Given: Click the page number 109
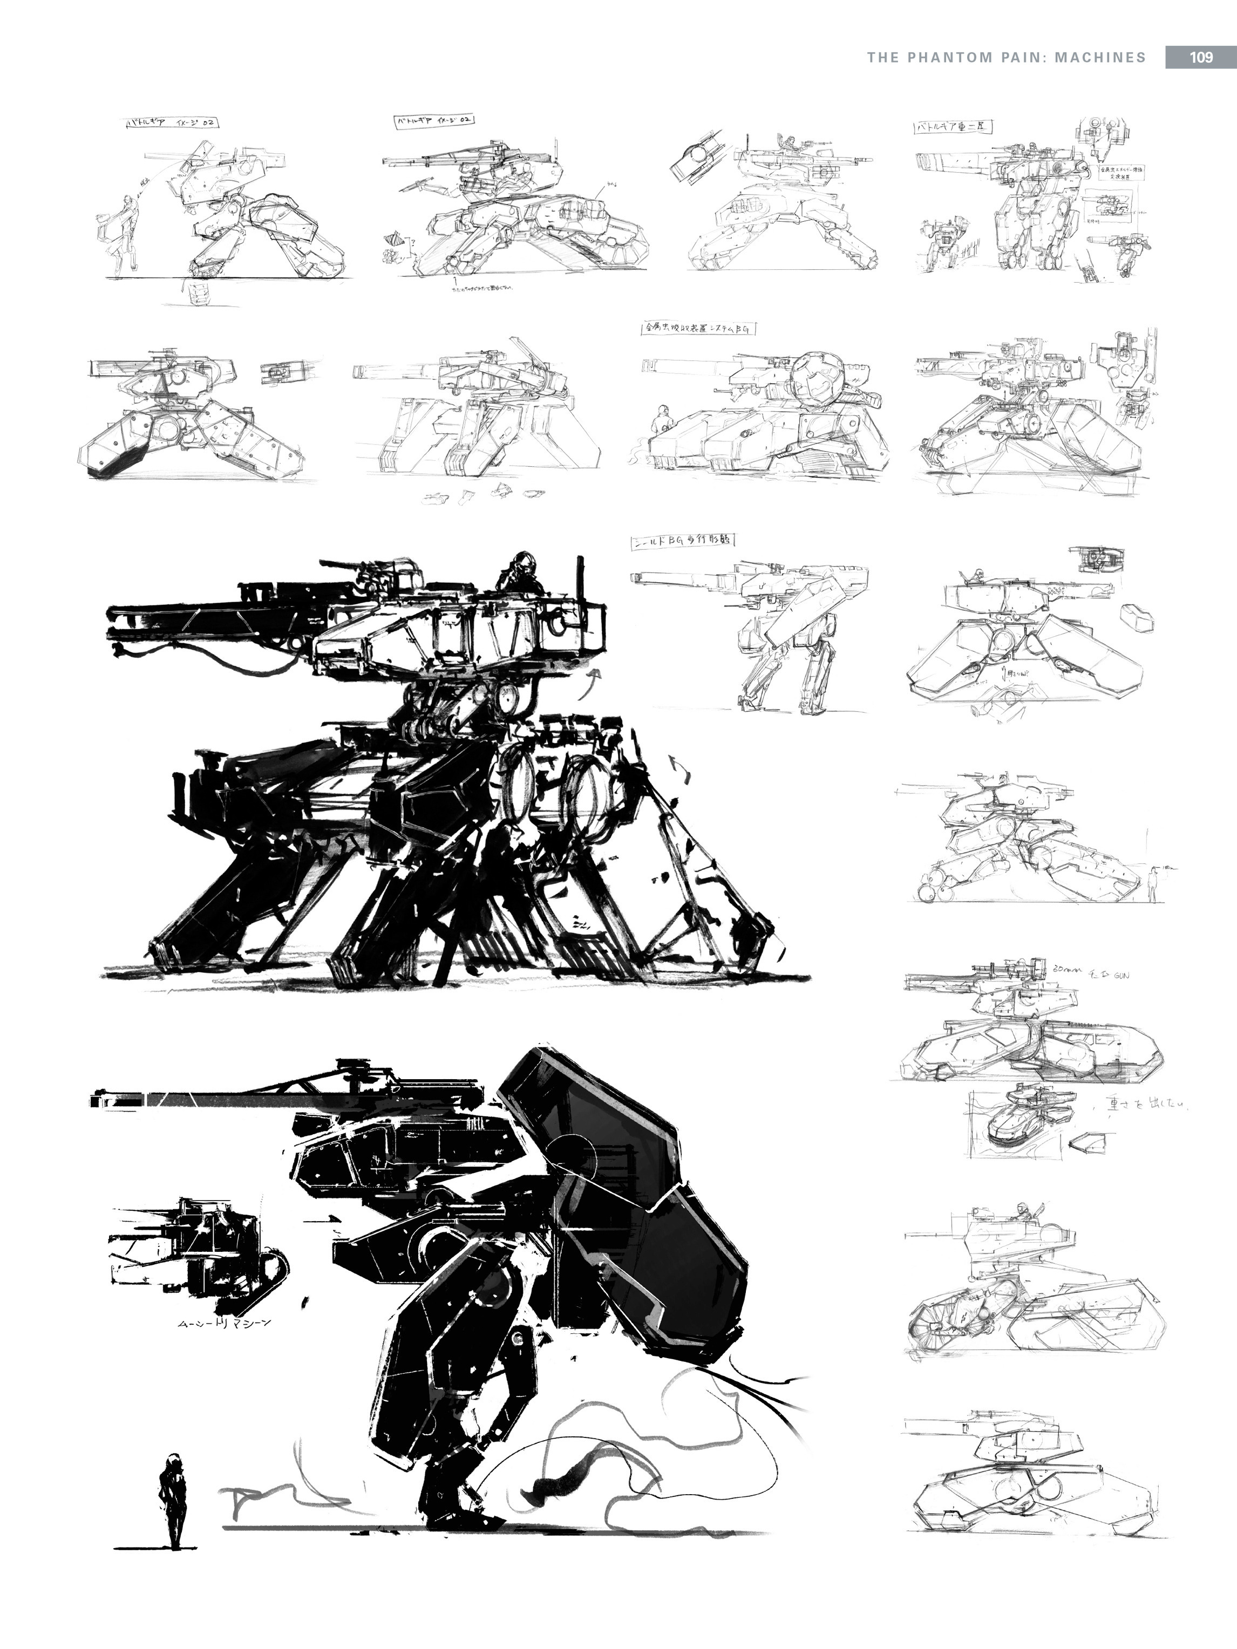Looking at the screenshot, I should click(1200, 57).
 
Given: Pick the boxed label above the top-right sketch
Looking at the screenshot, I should click(951, 127).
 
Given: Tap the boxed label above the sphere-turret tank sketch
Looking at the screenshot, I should click(694, 328).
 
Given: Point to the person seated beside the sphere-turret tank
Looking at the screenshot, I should click(660, 421).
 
